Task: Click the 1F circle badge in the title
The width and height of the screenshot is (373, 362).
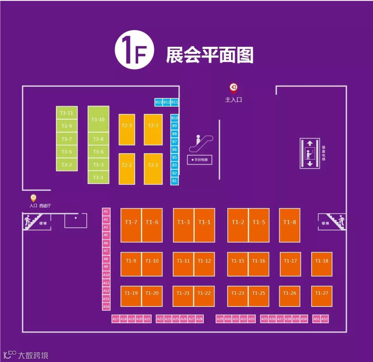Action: point(134,50)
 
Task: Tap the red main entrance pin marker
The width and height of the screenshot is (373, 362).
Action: point(233,88)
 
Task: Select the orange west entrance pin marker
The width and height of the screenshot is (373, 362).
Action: point(34,198)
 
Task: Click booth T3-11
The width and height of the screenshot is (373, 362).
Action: point(67,113)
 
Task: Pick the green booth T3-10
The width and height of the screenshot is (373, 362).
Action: point(98,119)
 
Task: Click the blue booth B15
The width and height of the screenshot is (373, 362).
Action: point(159,102)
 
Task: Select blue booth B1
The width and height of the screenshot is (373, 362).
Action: point(174,181)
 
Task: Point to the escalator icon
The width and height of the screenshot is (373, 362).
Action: point(201,143)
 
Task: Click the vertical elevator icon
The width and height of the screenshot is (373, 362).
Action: point(310,153)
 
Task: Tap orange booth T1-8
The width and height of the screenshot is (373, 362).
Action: point(289,225)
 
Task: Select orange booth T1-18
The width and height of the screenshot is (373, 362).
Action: point(322,264)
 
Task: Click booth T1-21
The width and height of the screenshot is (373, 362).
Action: point(183,296)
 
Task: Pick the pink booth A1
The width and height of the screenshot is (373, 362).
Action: point(106,211)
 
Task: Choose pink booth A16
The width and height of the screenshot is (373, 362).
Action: point(106,306)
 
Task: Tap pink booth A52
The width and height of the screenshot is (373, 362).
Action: point(324,319)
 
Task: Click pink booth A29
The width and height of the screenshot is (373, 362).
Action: point(220,319)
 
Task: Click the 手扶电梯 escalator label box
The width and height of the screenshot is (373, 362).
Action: point(200,160)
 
